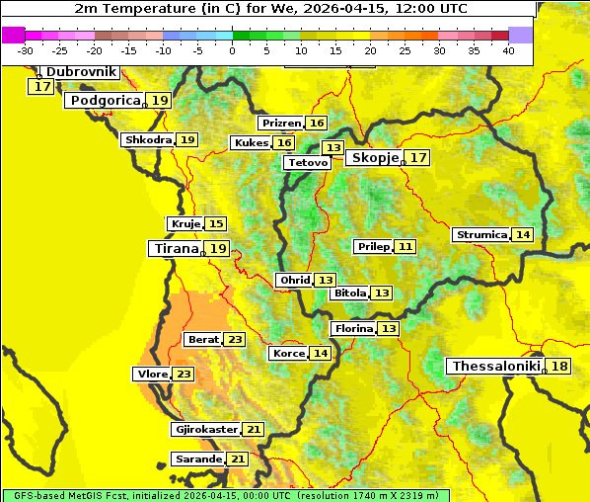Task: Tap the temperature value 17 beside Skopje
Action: [x=418, y=158]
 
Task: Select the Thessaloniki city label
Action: [x=496, y=367]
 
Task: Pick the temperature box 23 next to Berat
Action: [x=234, y=340]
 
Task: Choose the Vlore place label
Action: [x=151, y=375]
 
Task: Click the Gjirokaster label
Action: [x=205, y=430]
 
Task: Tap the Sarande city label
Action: [x=197, y=460]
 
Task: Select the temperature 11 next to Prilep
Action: [x=406, y=246]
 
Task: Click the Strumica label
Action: [x=480, y=235]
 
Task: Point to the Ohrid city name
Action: [x=294, y=281]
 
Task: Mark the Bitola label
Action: [x=349, y=293]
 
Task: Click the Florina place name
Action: [x=353, y=328]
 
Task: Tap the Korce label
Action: [x=288, y=354]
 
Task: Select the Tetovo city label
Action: [x=306, y=162]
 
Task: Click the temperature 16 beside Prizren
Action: [x=316, y=124]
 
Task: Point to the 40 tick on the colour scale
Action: [x=508, y=50]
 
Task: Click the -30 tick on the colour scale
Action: [x=26, y=50]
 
